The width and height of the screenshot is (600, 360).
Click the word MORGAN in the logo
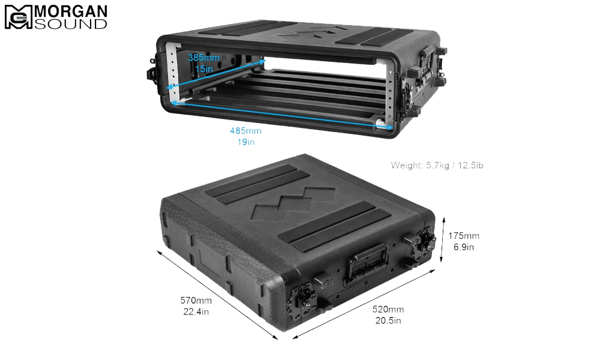(71, 11)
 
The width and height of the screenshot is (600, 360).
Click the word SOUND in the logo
(71, 24)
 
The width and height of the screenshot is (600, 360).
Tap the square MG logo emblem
(19, 17)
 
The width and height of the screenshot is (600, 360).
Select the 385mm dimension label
(203, 58)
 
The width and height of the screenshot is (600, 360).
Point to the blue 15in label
(203, 69)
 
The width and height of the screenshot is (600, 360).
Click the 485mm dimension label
(245, 131)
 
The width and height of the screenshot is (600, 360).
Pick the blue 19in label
(245, 142)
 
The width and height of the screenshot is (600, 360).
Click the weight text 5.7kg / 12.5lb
(455, 165)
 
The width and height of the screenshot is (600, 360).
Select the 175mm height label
(464, 236)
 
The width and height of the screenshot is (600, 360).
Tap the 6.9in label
(464, 247)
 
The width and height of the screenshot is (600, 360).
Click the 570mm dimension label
(196, 301)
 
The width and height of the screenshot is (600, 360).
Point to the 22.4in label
(196, 312)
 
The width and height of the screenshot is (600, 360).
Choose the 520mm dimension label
(388, 309)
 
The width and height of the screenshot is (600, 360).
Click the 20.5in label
(388, 320)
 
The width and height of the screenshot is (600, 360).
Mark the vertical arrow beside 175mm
(443, 239)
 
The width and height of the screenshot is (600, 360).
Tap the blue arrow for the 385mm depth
(216, 74)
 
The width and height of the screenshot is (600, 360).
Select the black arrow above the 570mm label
(217, 295)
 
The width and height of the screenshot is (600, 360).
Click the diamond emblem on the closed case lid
(293, 203)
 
